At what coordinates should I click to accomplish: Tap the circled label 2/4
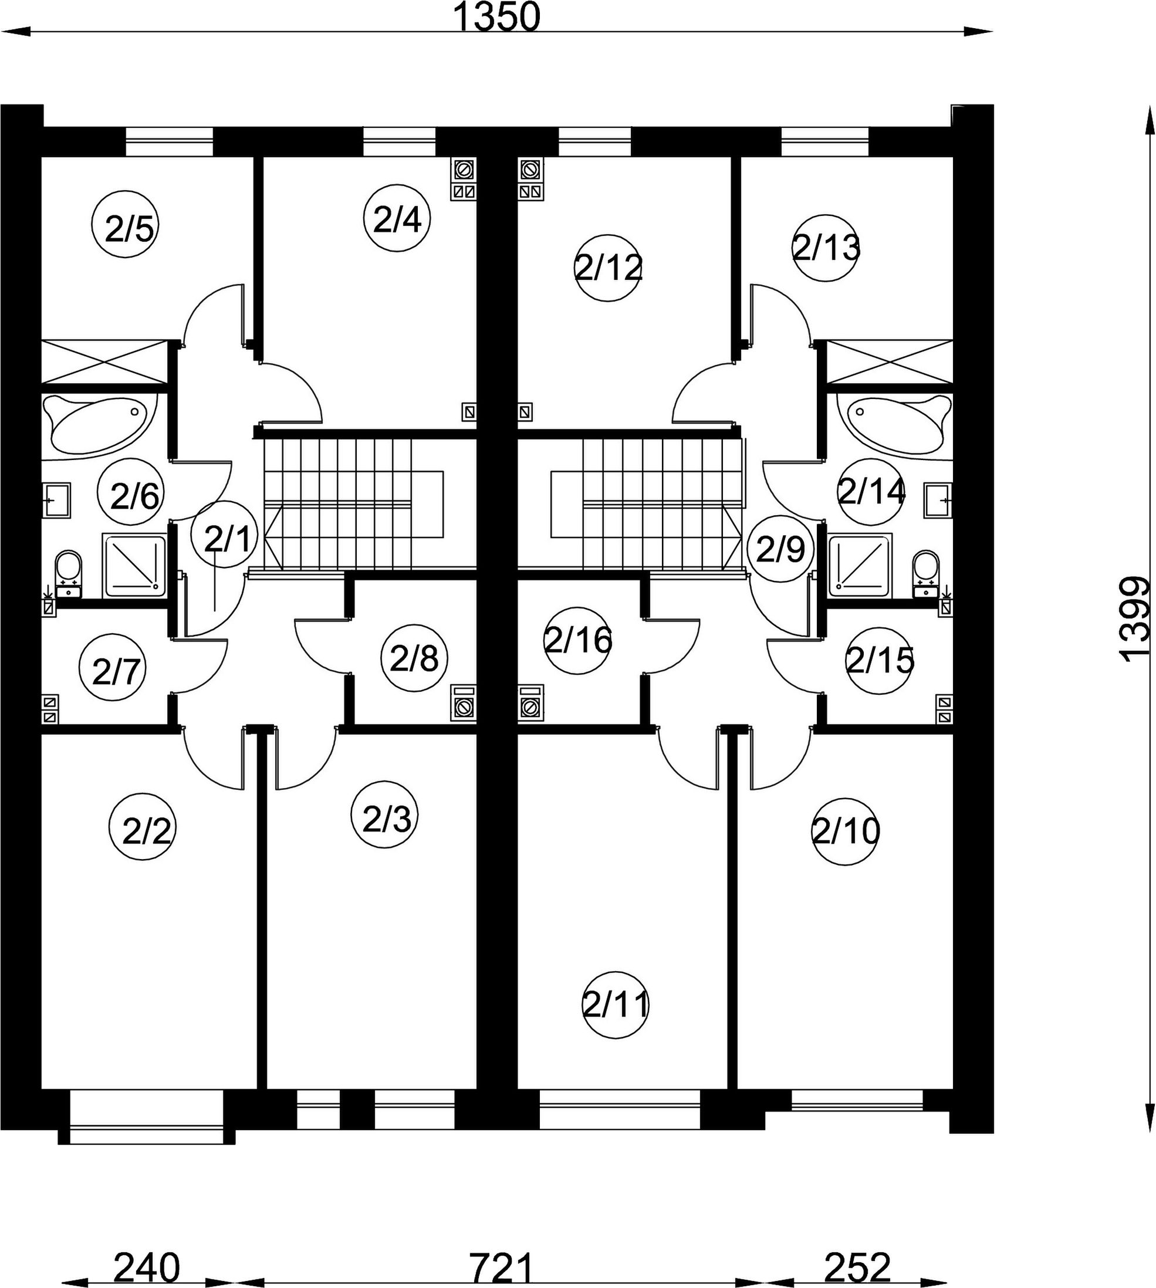[397, 218]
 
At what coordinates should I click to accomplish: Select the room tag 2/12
[608, 268]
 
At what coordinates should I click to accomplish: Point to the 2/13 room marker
[826, 248]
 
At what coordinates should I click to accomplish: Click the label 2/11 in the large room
[615, 1005]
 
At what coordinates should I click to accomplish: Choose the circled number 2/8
[414, 658]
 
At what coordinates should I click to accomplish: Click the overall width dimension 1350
[495, 18]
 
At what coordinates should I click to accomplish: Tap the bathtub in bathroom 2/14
[894, 424]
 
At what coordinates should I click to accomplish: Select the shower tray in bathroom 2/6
[134, 566]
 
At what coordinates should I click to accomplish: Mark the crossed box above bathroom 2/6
[104, 362]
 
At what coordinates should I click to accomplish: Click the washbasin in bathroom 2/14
[938, 500]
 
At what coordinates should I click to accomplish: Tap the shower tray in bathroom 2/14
[861, 566]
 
